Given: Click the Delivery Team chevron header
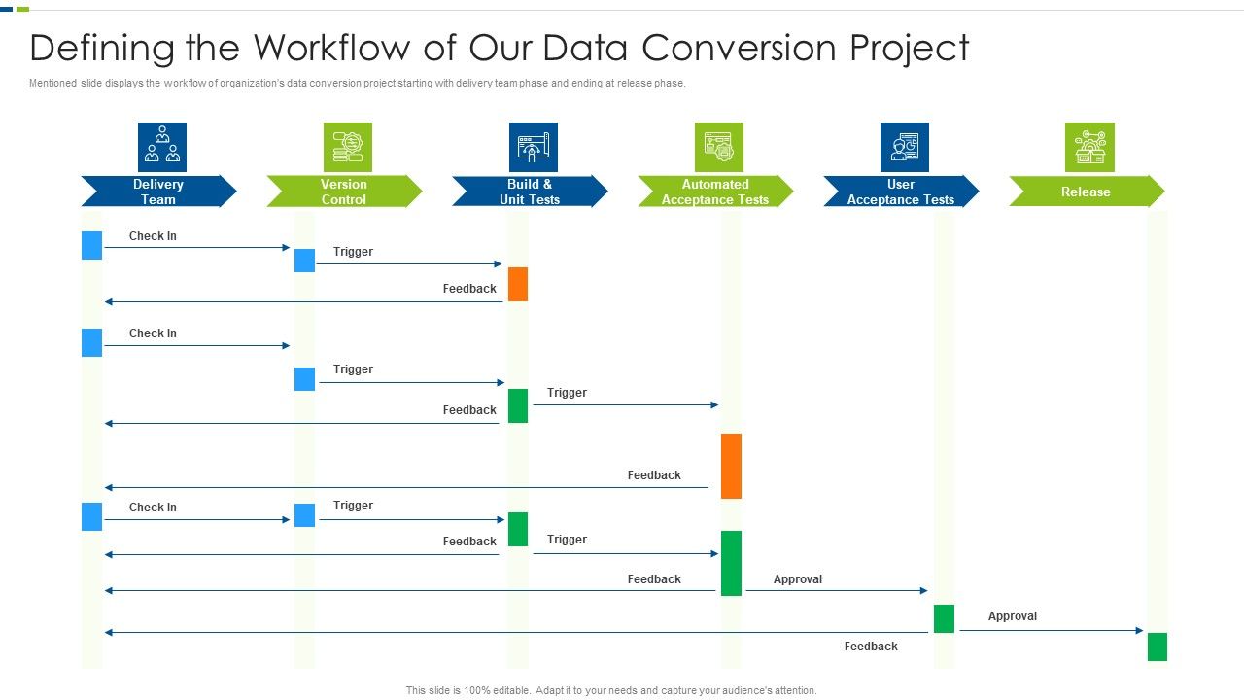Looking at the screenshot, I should (x=158, y=192).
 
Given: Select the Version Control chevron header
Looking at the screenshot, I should (x=344, y=192).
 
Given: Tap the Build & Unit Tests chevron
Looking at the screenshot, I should (x=530, y=192).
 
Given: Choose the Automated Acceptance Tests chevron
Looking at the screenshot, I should (x=715, y=192).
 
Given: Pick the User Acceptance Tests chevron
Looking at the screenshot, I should (x=901, y=192).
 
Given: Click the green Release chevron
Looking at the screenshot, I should (x=1086, y=192).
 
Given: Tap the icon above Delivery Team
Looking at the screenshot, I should (x=162, y=147).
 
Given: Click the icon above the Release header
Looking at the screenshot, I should (x=1089, y=147).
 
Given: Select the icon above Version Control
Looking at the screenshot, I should (x=348, y=147).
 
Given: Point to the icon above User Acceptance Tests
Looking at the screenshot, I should (x=905, y=147).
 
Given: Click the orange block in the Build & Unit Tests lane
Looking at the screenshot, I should (x=518, y=284).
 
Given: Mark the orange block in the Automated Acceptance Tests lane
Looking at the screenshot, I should (x=731, y=466).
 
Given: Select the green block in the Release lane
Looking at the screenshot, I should (x=1157, y=647).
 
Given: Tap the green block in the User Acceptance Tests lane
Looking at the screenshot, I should (x=944, y=618).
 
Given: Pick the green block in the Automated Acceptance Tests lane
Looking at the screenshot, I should (x=731, y=563).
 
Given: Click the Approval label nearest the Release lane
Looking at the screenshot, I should (x=1012, y=616).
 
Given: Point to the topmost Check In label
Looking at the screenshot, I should (x=153, y=236).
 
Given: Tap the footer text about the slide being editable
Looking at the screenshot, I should (x=611, y=690).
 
